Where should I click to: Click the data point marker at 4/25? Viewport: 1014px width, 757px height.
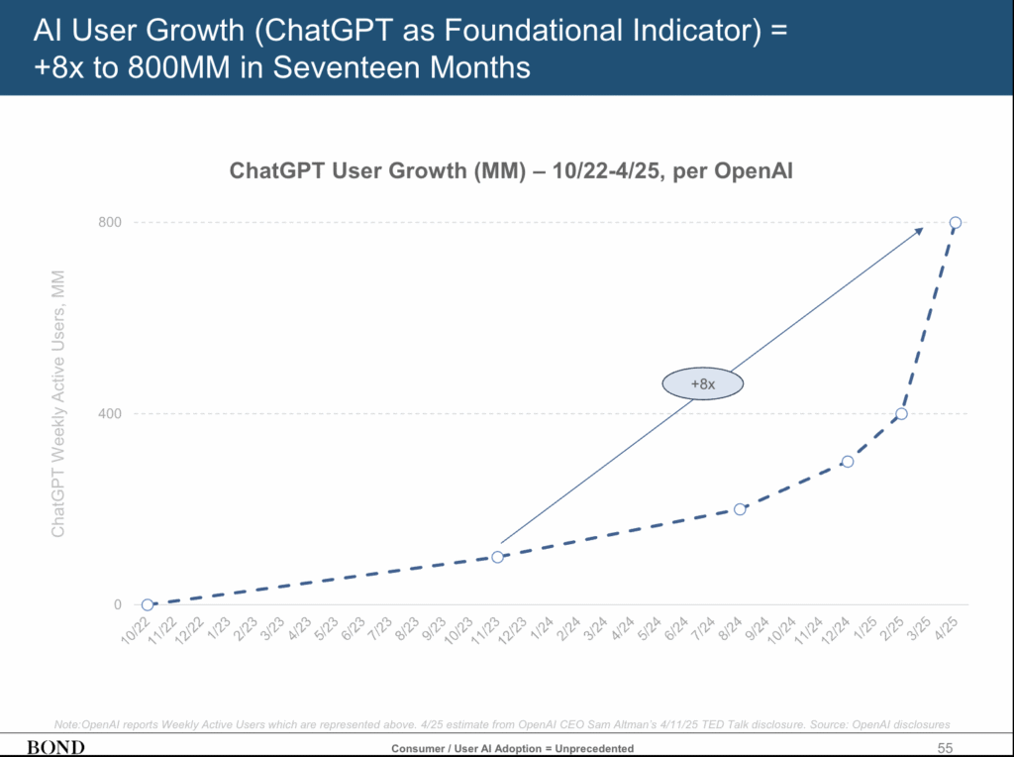[x=956, y=222]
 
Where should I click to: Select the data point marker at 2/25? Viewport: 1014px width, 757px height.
[x=901, y=413]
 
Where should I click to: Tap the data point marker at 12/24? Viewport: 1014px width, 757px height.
[x=848, y=462]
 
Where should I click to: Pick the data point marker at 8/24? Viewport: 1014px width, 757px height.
[x=740, y=509]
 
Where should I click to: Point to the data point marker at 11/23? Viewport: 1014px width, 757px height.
[x=497, y=557]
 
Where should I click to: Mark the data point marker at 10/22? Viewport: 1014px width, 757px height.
[x=148, y=604]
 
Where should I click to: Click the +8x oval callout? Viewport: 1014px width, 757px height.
[x=702, y=383]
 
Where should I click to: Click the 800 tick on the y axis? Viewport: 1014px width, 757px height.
[x=109, y=222]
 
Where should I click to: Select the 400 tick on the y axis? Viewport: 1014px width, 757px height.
[x=109, y=413]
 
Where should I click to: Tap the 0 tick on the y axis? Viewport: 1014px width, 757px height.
[x=116, y=604]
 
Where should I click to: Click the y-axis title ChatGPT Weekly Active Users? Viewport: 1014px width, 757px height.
[x=58, y=403]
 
